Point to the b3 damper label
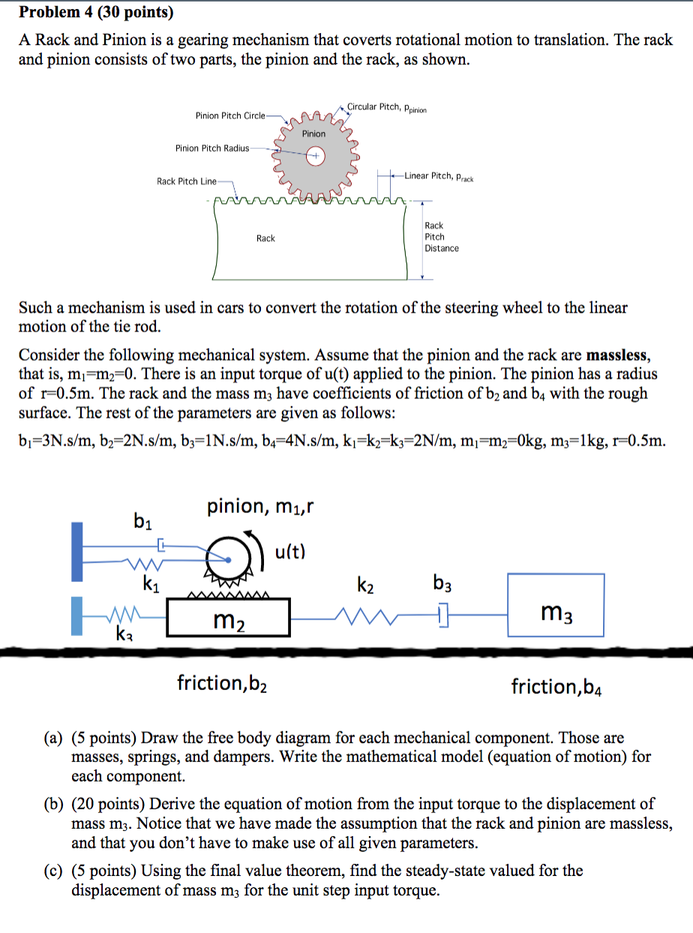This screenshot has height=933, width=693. pos(444,583)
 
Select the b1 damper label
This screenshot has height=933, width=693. pos(141,519)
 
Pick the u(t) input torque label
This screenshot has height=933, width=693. pos(290,553)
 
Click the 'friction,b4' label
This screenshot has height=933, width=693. pos(556,686)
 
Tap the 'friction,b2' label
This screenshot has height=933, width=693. pos(223,682)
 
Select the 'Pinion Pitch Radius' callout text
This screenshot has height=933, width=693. pos(212,148)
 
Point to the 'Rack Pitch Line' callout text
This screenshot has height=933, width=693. pos(187,181)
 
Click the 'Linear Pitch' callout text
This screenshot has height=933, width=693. pos(439,176)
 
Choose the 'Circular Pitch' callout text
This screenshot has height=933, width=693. pos(386,107)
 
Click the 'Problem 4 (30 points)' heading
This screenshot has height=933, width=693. pos(95,13)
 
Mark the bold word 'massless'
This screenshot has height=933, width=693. pos(618,355)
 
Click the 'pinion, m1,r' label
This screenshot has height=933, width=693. pos(259,507)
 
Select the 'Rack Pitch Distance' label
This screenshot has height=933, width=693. pos(441,236)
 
